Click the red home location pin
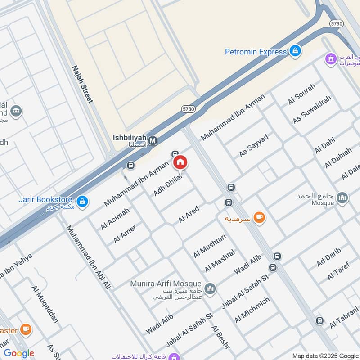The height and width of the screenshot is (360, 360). (180, 163)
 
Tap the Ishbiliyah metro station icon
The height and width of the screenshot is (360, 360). (153, 140)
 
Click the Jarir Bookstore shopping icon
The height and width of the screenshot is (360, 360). (82, 202)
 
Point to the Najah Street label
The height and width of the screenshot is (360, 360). (82, 84)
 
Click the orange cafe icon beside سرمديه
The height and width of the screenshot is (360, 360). (259, 218)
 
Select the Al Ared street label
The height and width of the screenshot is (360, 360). (189, 215)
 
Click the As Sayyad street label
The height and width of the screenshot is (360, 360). (254, 145)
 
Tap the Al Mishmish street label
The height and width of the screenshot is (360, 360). (252, 310)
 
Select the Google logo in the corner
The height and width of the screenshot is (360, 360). (19, 353)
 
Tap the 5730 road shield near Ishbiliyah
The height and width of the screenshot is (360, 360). (189, 109)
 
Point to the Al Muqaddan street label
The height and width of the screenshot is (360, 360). (45, 304)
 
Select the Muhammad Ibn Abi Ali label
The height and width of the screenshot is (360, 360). (89, 257)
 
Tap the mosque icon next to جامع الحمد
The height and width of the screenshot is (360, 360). (342, 198)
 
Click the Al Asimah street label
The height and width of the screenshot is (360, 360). (115, 219)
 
